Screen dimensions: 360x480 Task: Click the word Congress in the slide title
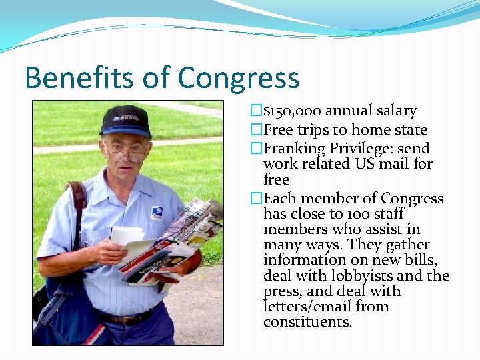[x=238, y=78]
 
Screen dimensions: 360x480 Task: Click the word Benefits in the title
[x=78, y=77]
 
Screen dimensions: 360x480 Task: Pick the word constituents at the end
[x=307, y=323]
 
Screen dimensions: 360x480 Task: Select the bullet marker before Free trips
[x=256, y=130]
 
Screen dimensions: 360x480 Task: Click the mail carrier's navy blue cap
[x=125, y=121]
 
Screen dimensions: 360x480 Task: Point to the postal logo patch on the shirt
[x=157, y=213]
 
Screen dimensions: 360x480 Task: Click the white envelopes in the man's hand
[x=127, y=237]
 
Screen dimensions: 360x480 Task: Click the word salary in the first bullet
[x=395, y=111]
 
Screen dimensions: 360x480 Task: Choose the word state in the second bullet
[x=408, y=130]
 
